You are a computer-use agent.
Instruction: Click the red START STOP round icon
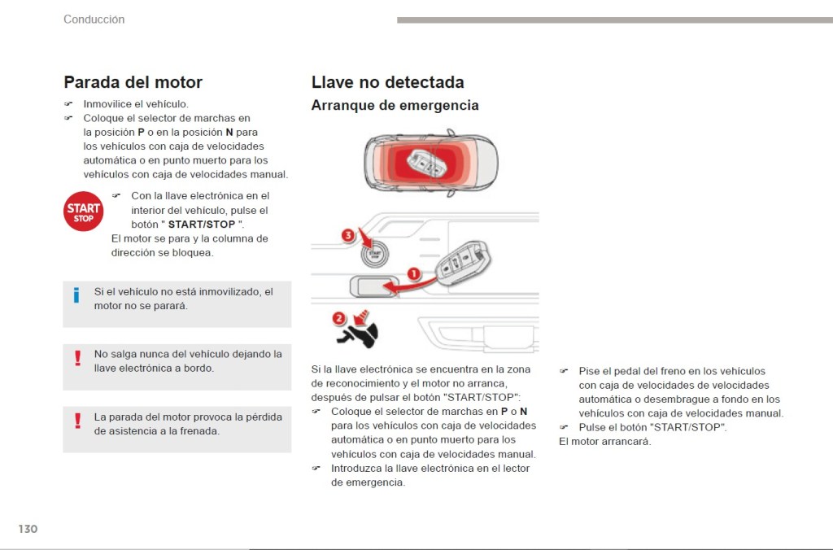(84, 212)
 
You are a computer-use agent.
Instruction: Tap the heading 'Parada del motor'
(133, 82)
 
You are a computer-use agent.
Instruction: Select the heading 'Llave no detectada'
(387, 82)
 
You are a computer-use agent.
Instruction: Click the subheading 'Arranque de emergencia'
(395, 106)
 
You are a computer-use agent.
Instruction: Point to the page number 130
(28, 529)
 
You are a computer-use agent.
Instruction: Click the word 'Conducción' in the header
(94, 20)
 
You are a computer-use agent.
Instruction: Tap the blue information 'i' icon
(76, 295)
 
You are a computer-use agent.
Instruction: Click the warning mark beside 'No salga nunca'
(78, 358)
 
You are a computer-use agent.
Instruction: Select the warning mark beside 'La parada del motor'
(78, 421)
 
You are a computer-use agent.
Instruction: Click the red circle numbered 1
(413, 274)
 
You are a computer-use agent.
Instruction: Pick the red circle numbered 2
(339, 318)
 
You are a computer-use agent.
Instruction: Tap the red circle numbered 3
(348, 236)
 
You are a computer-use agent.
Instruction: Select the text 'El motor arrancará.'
(604, 442)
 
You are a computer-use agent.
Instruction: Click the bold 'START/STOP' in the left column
(201, 225)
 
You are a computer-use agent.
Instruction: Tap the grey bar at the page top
(614, 20)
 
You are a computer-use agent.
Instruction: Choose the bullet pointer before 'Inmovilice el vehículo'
(69, 104)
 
